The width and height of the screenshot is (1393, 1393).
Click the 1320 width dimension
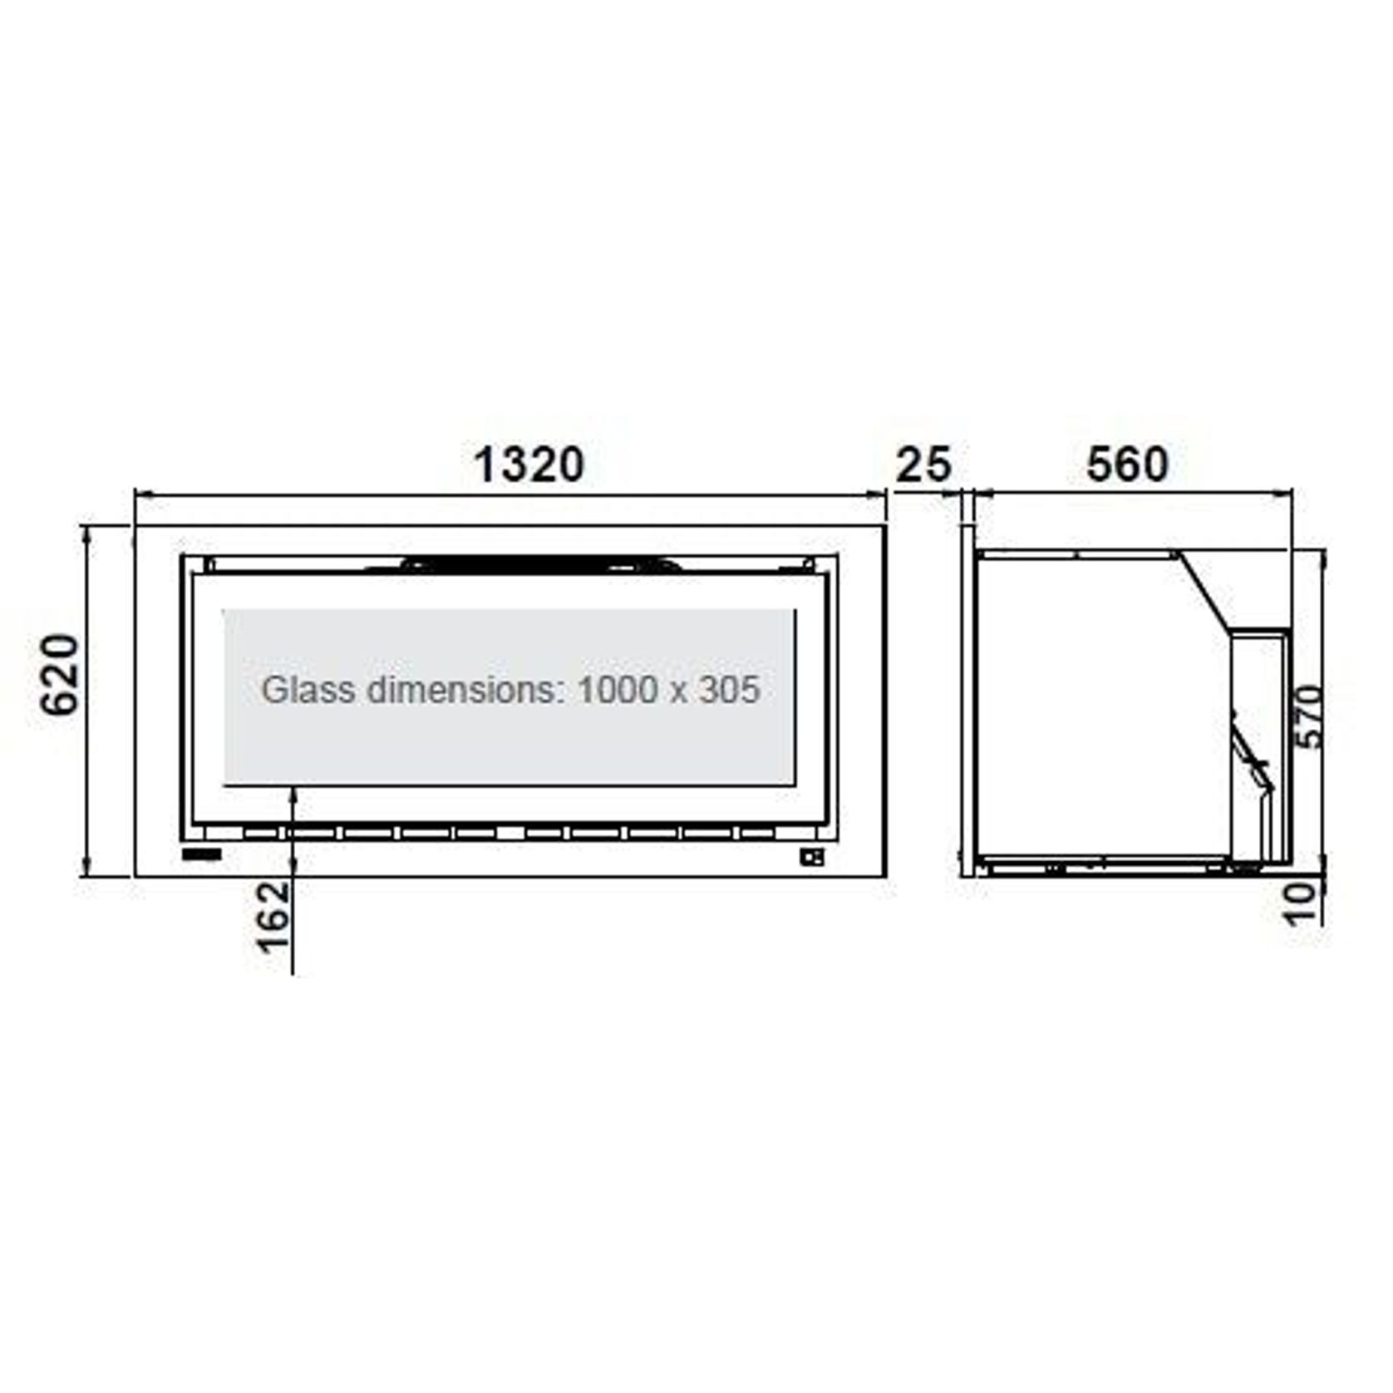(x=529, y=465)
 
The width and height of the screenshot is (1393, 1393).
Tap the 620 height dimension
(x=61, y=674)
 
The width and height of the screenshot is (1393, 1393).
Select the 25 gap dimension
(x=923, y=465)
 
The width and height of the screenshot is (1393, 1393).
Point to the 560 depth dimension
(x=1127, y=465)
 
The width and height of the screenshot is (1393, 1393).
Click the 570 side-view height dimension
(x=1308, y=716)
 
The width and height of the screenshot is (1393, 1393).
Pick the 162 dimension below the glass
(x=273, y=917)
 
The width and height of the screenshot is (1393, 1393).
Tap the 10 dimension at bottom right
(x=1302, y=903)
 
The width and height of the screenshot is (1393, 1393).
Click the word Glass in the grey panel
(x=308, y=690)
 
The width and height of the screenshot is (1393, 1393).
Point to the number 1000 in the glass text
(x=616, y=690)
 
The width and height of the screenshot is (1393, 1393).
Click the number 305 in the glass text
(x=729, y=690)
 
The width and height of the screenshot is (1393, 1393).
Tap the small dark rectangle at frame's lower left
(x=202, y=854)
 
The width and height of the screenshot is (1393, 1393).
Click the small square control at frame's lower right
(x=812, y=857)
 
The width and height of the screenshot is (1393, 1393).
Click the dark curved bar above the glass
(x=540, y=564)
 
